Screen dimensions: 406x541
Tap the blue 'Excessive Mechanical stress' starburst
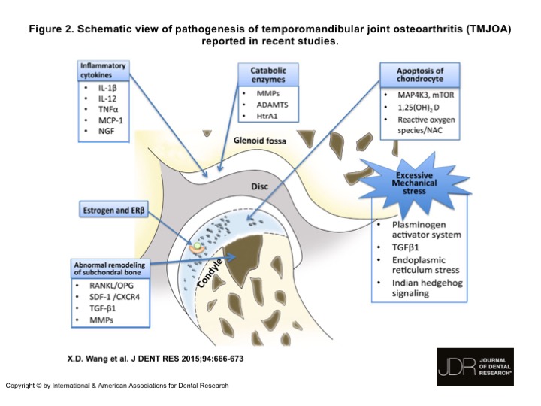click(417, 184)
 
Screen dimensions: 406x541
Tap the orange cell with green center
click(196, 246)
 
